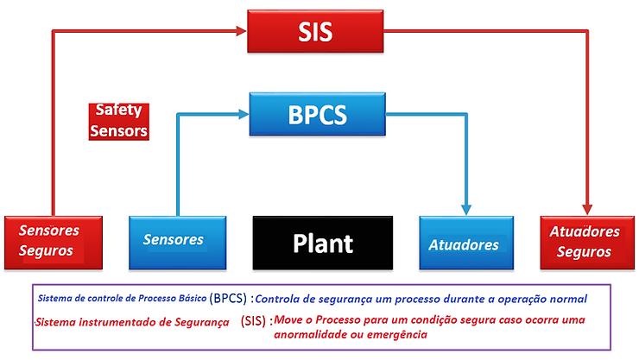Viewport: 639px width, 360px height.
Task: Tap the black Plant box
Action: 322,242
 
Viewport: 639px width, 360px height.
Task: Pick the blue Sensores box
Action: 173,240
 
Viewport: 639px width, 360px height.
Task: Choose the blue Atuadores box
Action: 463,243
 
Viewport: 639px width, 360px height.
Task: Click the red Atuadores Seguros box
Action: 584,241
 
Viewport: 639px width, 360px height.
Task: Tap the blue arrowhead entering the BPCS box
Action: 244,111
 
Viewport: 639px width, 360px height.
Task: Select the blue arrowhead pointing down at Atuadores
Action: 466,209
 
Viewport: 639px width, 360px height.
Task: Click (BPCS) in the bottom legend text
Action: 228,297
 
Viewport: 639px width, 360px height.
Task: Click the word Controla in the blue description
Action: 282,298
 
